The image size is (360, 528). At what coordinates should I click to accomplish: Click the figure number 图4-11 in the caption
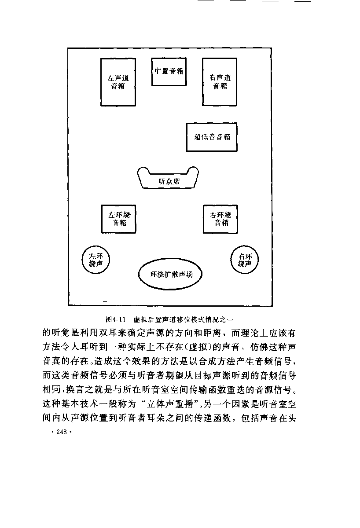click(115, 319)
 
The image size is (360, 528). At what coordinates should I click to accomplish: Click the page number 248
click(62, 432)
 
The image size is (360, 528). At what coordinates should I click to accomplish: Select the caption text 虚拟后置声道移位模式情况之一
click(183, 319)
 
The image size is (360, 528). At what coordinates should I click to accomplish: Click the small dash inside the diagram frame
click(105, 301)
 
